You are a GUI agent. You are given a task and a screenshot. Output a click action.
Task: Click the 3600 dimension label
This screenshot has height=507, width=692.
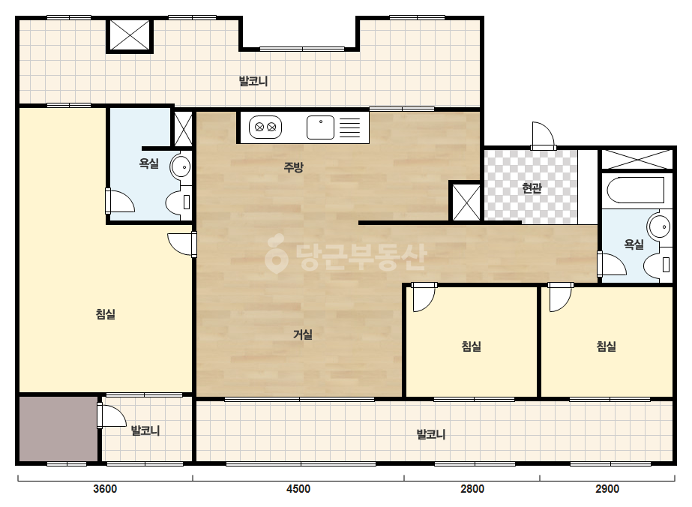[105, 489]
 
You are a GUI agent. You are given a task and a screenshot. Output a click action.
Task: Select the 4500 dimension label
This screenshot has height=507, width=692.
[298, 489]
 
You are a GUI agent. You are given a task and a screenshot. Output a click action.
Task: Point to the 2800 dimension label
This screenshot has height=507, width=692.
[472, 489]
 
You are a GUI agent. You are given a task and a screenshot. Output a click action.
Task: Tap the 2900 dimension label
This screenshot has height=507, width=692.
[607, 489]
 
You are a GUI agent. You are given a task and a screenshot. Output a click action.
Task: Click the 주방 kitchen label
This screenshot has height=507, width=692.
[293, 167]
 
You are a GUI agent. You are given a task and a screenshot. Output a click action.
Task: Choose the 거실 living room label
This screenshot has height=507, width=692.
[303, 334]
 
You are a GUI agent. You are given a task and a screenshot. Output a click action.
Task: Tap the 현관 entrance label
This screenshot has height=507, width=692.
[532, 188]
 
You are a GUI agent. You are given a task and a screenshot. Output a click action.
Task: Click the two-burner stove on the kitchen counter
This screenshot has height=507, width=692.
[265, 127]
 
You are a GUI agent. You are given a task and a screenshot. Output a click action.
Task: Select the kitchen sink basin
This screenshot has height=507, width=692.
[320, 127]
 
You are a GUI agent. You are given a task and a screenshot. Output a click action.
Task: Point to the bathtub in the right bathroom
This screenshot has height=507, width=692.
[636, 190]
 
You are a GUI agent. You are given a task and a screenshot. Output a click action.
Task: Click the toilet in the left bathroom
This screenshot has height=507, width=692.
[178, 202]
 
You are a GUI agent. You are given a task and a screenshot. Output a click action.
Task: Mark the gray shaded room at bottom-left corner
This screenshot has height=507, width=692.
[58, 429]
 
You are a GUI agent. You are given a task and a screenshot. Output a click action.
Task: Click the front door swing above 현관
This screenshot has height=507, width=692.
[542, 135]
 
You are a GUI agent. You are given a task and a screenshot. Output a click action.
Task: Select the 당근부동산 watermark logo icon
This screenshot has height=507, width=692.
[277, 253]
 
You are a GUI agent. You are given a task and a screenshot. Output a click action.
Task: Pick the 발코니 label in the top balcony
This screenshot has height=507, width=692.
[253, 81]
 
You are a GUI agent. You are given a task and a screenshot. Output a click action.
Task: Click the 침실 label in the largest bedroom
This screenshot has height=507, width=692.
[106, 314]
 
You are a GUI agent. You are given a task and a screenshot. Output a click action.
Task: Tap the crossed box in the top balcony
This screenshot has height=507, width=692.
[129, 35]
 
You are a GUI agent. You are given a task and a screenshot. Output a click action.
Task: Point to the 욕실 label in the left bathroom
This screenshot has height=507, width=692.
[148, 163]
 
